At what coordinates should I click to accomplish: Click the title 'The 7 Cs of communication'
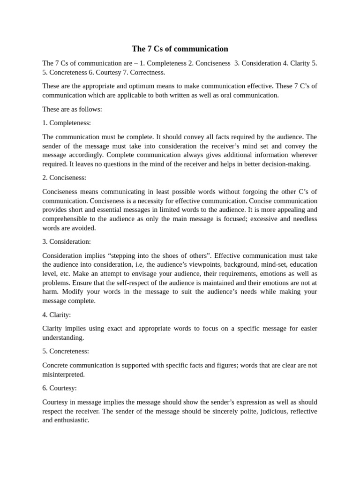tap(180, 49)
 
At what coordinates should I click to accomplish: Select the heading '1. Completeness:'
tap(67, 123)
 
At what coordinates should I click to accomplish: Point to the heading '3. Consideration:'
tap(67, 241)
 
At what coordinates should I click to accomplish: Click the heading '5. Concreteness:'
tap(66, 351)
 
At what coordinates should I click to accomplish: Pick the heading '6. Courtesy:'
tap(60, 388)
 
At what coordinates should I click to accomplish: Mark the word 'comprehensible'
tap(64, 219)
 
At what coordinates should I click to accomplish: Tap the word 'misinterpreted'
tap(63, 374)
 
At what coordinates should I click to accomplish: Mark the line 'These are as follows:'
tap(72, 109)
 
